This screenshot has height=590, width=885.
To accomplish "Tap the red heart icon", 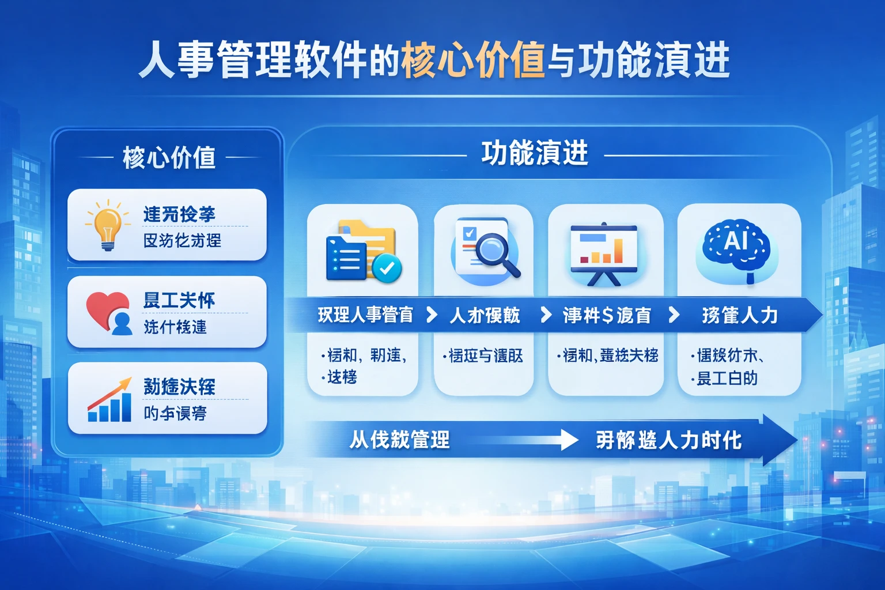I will [105, 308].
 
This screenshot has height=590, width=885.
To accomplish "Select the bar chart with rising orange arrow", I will [109, 400].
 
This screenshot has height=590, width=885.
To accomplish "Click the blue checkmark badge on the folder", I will [387, 267].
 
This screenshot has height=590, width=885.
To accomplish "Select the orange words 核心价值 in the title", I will [473, 60].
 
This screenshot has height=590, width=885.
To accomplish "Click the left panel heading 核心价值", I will [169, 157].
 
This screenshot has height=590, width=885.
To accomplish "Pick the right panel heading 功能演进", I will [535, 154].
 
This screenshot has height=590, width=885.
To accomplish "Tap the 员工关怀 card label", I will [179, 300].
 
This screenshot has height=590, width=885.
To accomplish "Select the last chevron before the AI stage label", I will [674, 315].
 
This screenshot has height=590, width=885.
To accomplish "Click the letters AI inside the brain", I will [736, 239].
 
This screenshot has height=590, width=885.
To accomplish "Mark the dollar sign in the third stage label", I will [607, 315].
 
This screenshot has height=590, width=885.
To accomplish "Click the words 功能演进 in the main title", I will [655, 60].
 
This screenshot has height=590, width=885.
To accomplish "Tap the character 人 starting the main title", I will [156, 60].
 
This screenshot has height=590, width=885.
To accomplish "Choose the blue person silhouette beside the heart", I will [122, 323].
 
